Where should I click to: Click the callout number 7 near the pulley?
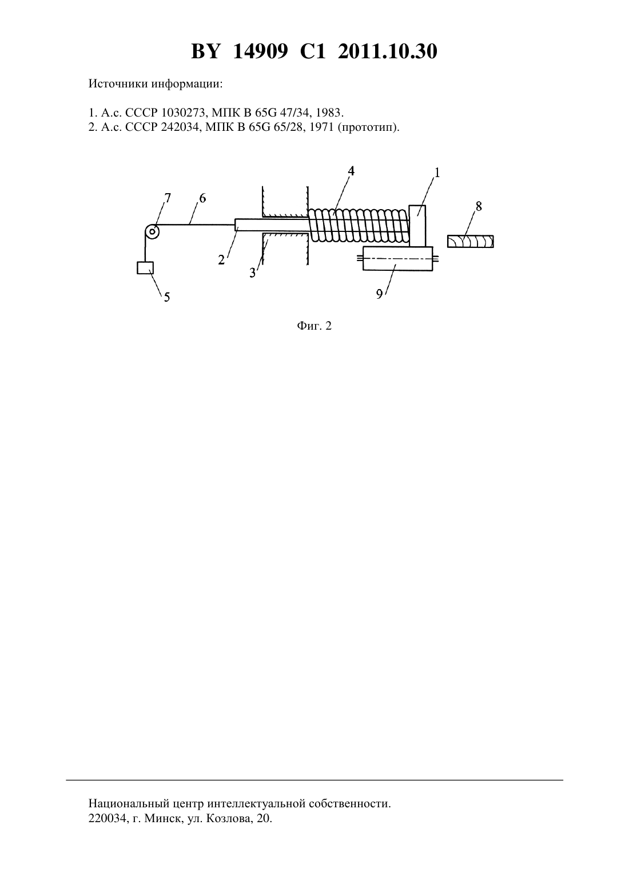(168, 198)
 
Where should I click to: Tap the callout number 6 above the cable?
(202, 198)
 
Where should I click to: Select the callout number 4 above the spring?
(351, 171)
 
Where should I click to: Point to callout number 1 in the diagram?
(437, 173)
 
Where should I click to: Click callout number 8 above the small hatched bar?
(479, 206)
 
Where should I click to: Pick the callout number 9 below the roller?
(379, 294)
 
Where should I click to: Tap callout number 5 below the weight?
(167, 297)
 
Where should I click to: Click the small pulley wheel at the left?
(152, 232)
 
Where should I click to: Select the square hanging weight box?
(145, 268)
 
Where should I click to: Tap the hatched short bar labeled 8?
(471, 241)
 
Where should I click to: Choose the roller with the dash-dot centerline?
(398, 258)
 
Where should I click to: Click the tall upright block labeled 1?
(417, 226)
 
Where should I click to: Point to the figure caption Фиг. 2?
(314, 326)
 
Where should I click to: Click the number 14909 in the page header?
(260, 51)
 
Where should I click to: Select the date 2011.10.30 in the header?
(388, 51)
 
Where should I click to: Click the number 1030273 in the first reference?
(184, 113)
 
